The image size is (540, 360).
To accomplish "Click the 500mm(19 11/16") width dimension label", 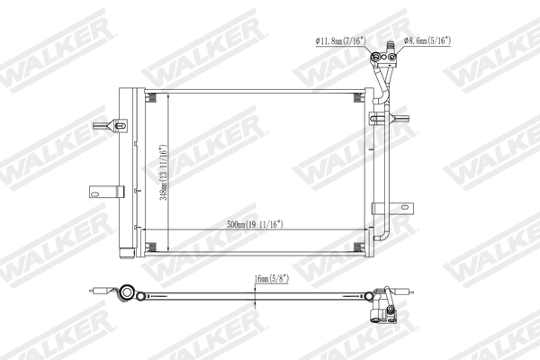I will (256, 223).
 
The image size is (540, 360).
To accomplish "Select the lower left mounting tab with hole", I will (103, 190).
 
